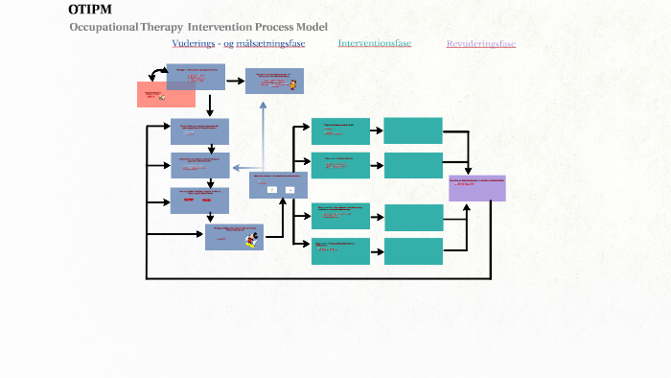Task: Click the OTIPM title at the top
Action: [x=90, y=9]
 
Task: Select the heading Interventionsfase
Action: [x=374, y=44]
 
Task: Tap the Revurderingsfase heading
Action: [x=480, y=44]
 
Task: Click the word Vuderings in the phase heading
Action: [x=193, y=44]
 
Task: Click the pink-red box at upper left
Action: [x=165, y=94]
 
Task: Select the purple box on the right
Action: [x=476, y=188]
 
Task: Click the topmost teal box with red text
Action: [x=340, y=131]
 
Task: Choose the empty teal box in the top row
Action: [x=413, y=131]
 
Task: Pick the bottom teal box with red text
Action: [x=340, y=251]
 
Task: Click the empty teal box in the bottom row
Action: [x=413, y=251]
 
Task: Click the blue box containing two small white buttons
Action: [x=278, y=185]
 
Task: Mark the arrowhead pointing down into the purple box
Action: [x=468, y=170]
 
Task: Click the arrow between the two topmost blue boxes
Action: [x=236, y=81]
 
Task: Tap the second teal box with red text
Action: [x=340, y=165]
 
